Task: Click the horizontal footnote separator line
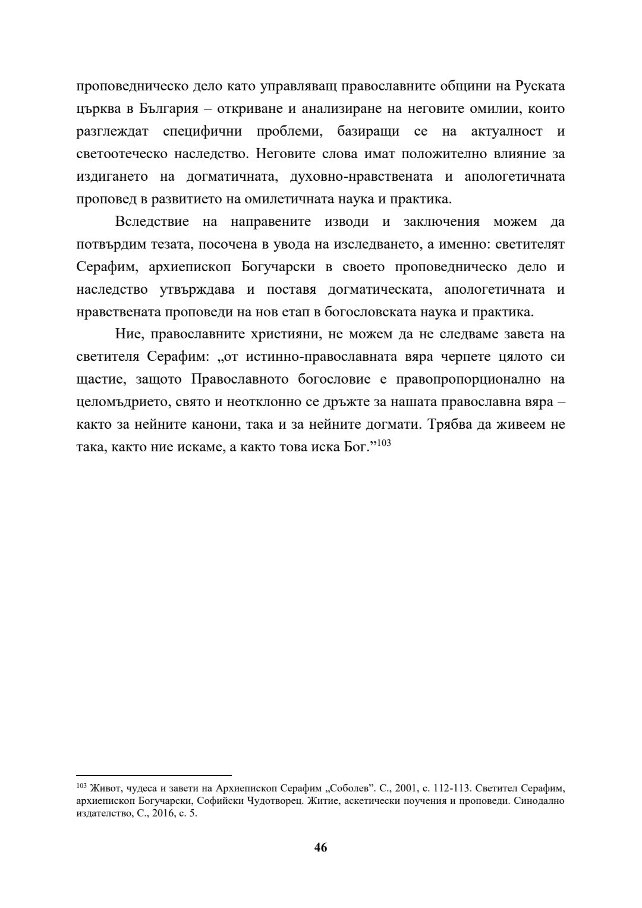[154, 775]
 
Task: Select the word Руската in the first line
[540, 87]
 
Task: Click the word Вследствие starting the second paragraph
[153, 222]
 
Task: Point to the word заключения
[442, 222]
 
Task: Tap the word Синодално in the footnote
[538, 801]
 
